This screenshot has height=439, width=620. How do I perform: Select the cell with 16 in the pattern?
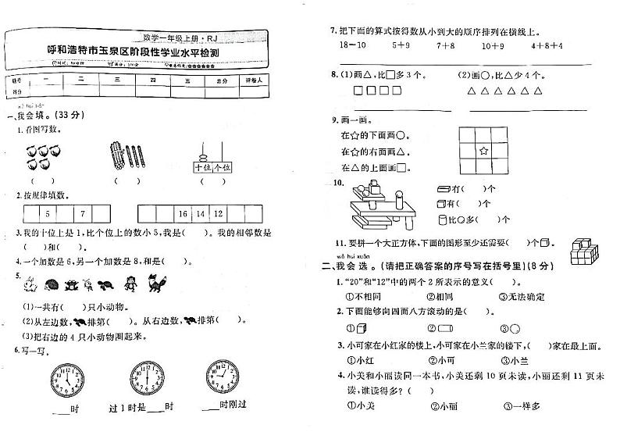(x=184, y=212)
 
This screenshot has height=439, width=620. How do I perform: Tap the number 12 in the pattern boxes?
(x=219, y=212)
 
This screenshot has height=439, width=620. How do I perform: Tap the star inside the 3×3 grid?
(x=483, y=150)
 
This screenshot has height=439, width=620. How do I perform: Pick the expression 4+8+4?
(x=547, y=45)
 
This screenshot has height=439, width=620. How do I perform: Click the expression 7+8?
(x=446, y=45)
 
